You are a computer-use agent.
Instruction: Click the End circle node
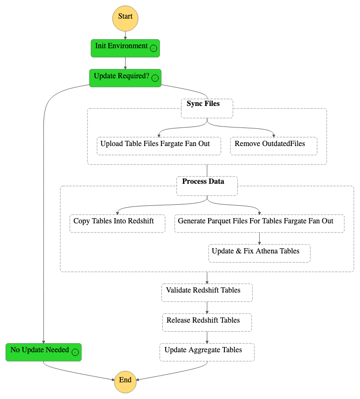pyautogui.click(x=125, y=380)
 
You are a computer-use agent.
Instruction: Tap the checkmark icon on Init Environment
pyautogui.click(x=153, y=48)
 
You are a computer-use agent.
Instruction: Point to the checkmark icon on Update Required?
pyautogui.click(x=155, y=78)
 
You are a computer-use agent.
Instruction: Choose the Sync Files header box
pyautogui.click(x=207, y=108)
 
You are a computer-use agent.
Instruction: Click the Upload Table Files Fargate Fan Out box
pyautogui.click(x=159, y=146)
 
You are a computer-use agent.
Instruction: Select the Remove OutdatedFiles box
pyautogui.click(x=274, y=146)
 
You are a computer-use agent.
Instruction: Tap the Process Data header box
pyautogui.click(x=207, y=186)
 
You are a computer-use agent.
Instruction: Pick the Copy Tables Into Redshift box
pyautogui.click(x=117, y=223)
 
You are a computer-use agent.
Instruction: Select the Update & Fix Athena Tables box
pyautogui.click(x=259, y=253)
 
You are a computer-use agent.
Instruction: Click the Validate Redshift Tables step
pyautogui.click(x=207, y=293)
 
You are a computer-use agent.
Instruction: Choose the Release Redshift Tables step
pyautogui.click(x=207, y=322)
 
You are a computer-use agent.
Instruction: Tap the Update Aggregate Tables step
pyautogui.click(x=207, y=352)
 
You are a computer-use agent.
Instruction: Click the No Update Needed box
pyautogui.click(x=43, y=352)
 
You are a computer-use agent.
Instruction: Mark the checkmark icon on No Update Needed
pyautogui.click(x=75, y=352)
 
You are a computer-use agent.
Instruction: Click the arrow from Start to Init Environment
pyautogui.click(x=125, y=35)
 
